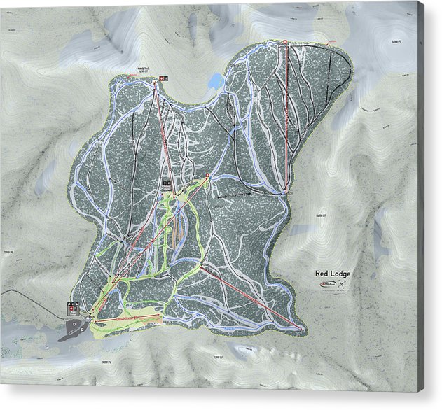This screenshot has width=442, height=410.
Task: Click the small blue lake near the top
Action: (216, 83)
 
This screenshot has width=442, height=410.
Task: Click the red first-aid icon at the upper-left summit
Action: (161, 78)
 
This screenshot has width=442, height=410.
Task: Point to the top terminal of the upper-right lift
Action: (285, 43)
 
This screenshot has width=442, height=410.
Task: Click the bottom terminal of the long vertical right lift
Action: (286, 190)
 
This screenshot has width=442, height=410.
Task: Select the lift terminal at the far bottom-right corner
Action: (302, 327)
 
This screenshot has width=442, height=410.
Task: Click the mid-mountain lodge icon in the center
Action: (167, 183)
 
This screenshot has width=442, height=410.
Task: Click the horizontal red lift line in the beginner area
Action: (126, 318)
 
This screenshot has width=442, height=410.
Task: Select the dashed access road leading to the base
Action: (28, 294)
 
